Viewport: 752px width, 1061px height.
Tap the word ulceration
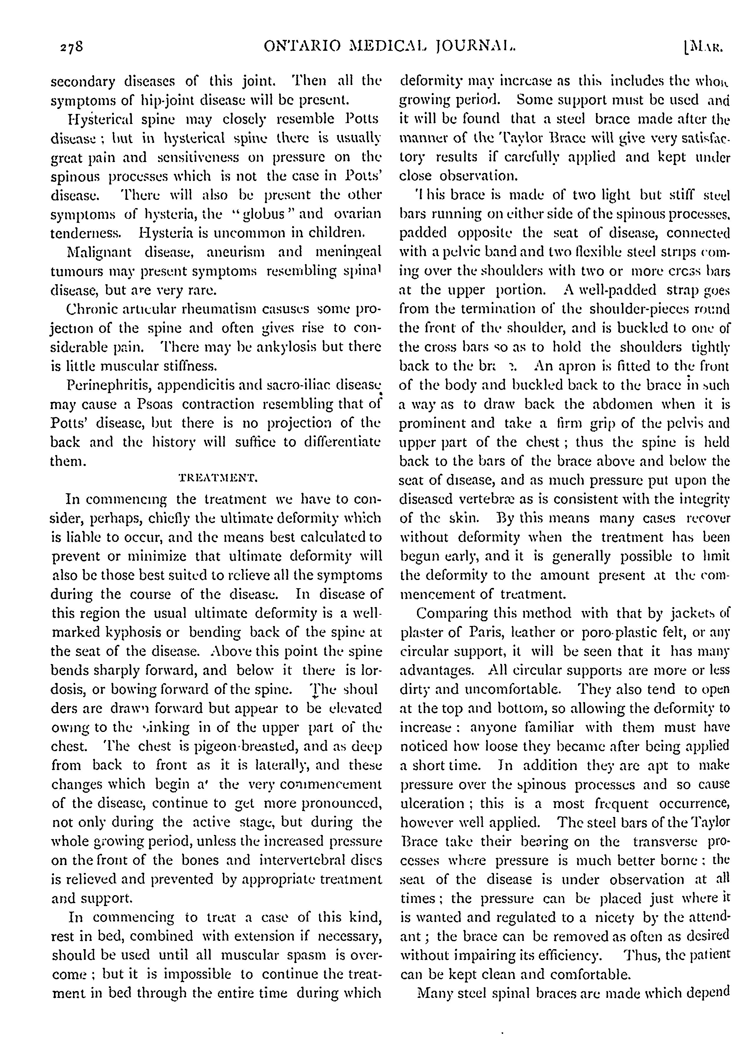(431, 803)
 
